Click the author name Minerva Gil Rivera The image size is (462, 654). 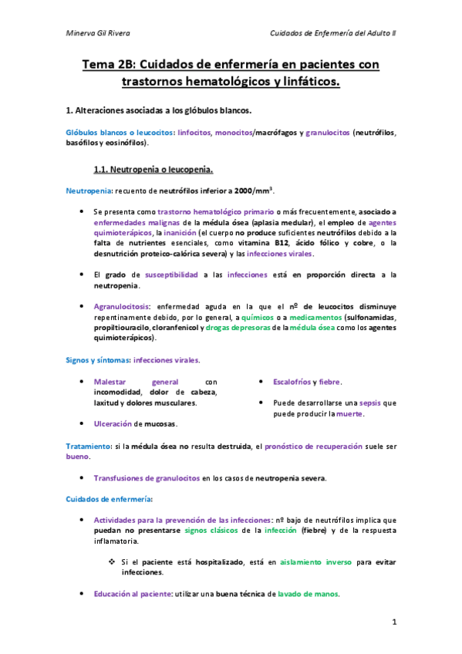click(x=98, y=33)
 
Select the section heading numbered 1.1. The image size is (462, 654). click(x=153, y=168)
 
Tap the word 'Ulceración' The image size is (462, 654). click(x=113, y=423)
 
